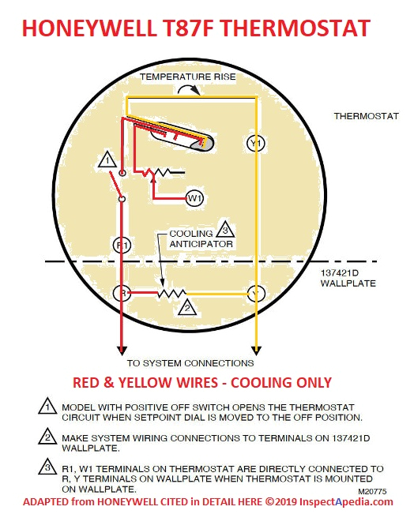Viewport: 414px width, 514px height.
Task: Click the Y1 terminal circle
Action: coord(255,143)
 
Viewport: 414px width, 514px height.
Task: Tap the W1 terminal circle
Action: coord(194,198)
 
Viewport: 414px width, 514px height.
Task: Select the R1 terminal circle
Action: coord(122,246)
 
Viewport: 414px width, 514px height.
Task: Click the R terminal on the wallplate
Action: coord(122,293)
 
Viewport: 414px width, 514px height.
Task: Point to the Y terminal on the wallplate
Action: coord(255,294)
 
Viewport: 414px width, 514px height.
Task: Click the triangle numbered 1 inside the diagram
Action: coord(107,159)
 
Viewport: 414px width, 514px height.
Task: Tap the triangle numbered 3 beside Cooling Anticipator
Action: coord(225,230)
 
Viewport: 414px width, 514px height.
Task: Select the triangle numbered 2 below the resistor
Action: coord(187,307)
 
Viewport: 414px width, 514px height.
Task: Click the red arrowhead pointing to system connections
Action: coord(122,351)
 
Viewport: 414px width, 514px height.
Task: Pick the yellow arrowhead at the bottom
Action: coord(256,351)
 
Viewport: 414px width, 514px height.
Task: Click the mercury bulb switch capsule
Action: coord(182,137)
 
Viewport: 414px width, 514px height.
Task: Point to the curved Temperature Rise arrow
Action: coord(189,88)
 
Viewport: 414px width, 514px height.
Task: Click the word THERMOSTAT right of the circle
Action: coord(366,116)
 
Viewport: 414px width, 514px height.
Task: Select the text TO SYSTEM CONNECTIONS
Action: coord(190,363)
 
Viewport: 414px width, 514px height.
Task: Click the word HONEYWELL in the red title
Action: coord(89,28)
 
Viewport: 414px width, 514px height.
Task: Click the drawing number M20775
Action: coord(372,491)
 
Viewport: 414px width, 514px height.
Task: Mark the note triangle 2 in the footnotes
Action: coord(47,437)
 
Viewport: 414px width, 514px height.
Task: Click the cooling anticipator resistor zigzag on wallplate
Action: coord(171,294)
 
